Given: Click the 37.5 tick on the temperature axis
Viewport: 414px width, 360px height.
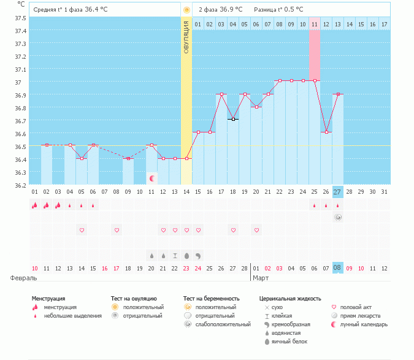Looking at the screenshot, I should click(20, 18).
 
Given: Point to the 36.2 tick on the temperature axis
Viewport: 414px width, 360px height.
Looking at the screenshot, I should click(20, 185).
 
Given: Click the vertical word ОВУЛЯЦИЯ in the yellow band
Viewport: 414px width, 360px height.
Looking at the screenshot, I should click(186, 37).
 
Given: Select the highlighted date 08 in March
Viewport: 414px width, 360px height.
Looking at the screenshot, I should click(337, 268).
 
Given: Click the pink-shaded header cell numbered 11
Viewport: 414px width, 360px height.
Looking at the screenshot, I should click(314, 24).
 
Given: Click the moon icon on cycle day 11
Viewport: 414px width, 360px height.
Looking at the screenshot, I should click(151, 178).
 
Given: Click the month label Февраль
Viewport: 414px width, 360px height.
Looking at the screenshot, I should click(19, 278).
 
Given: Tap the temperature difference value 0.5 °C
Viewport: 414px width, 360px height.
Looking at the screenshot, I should click(296, 10).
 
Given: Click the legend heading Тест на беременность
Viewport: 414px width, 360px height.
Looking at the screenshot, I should click(211, 299).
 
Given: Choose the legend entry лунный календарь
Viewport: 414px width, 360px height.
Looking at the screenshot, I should click(364, 324).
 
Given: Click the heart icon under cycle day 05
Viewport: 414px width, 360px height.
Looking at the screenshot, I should click(82, 230).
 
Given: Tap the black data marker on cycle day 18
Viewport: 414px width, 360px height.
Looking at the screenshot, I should click(233, 119).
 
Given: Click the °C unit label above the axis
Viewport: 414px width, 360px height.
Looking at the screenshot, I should click(21, 4).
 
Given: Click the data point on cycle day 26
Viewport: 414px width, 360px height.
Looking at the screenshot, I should click(326, 132).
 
